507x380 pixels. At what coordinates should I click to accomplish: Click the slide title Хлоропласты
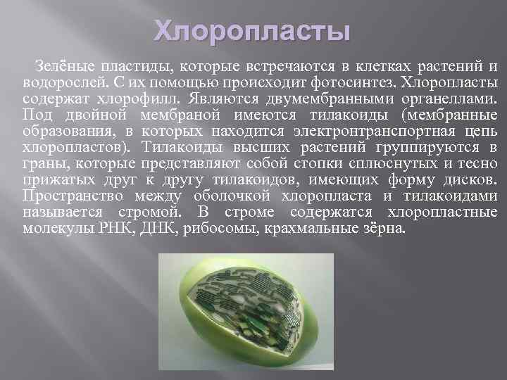coord(252,31)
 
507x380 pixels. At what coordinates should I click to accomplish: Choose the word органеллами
coord(453,99)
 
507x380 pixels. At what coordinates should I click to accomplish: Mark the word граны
coord(39,163)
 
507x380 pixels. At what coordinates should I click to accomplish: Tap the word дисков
coord(472,179)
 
